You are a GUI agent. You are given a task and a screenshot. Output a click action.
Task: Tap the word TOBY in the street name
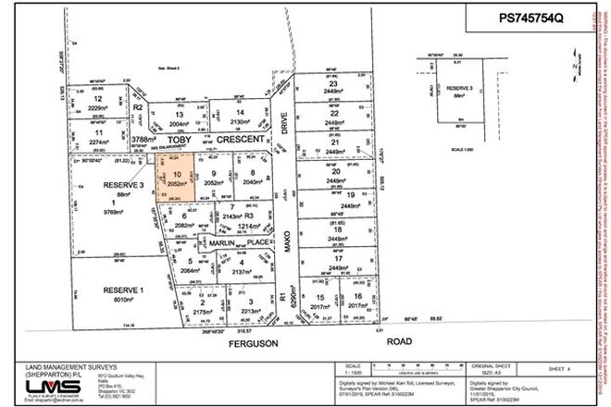pyautogui.click(x=180, y=140)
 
